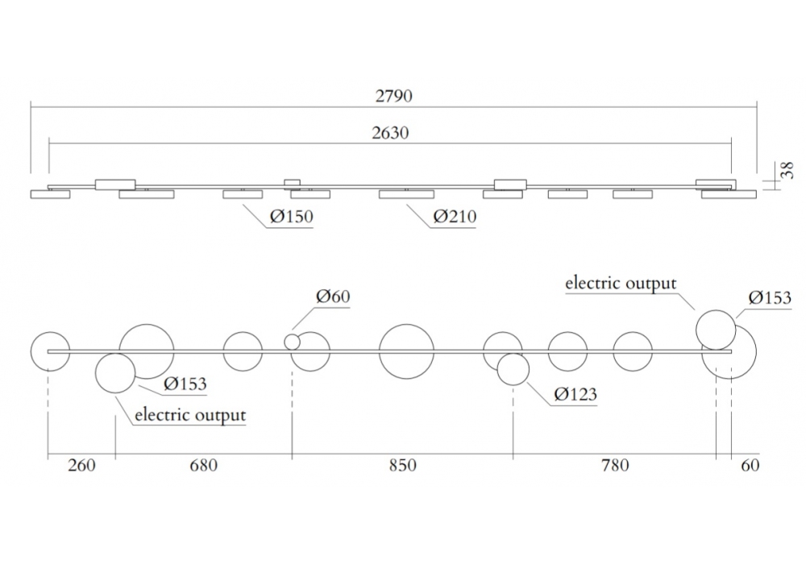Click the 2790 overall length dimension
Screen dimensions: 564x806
(393, 96)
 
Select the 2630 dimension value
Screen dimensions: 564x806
(390, 134)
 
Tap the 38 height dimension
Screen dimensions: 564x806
(789, 170)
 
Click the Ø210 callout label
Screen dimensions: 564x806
(455, 216)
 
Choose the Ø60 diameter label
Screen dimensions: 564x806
(333, 297)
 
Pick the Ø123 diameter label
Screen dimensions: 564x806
(575, 394)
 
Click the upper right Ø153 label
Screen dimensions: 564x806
(770, 298)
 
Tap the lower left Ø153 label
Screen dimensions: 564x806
(185, 384)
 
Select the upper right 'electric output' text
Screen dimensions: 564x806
(621, 283)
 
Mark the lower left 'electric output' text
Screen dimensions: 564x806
(189, 416)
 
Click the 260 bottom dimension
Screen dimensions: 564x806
(82, 466)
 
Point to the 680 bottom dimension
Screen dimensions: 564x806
(203, 466)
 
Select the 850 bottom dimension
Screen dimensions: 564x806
(402, 466)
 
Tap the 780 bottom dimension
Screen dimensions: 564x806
(615, 466)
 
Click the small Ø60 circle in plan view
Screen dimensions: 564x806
(293, 342)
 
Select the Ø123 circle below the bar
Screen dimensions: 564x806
(513, 370)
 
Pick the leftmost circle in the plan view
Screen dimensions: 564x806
(51, 350)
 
